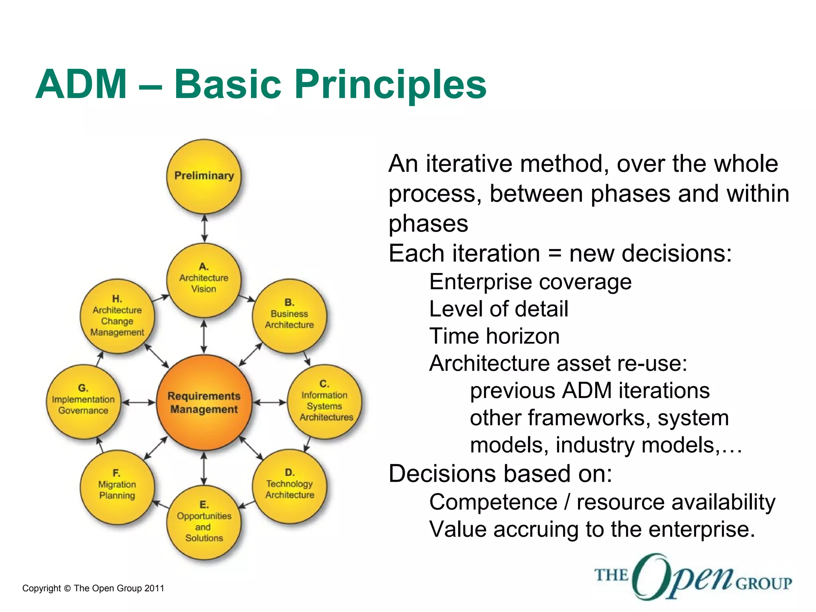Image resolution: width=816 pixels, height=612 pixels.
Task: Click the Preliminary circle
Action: (x=204, y=176)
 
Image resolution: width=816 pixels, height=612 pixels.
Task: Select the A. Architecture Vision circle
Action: (x=204, y=280)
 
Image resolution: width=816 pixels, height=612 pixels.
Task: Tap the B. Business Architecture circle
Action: (x=289, y=316)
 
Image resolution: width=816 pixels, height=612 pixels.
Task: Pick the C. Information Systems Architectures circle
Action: (x=324, y=402)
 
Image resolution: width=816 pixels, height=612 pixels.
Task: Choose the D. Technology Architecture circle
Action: (x=290, y=486)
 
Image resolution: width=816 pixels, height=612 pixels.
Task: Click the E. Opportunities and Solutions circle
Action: (x=204, y=522)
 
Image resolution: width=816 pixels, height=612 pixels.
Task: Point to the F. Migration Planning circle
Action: (x=117, y=487)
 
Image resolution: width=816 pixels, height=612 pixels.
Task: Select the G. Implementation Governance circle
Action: (x=83, y=402)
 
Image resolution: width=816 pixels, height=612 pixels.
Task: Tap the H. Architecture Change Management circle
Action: (x=117, y=316)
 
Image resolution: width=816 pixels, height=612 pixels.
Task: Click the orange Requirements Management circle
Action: (x=204, y=402)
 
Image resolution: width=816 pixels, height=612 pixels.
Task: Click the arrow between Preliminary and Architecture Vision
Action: (x=204, y=228)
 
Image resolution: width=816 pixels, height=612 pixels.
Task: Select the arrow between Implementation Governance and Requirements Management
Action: (x=138, y=402)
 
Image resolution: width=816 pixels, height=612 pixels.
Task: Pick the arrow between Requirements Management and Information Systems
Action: (x=270, y=402)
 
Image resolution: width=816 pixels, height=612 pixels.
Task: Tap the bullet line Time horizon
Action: (x=494, y=336)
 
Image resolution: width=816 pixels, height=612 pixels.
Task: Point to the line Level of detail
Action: (x=498, y=309)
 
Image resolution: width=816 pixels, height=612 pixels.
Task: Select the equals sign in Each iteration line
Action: (x=555, y=254)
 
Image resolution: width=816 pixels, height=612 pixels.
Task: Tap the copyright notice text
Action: (x=93, y=588)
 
